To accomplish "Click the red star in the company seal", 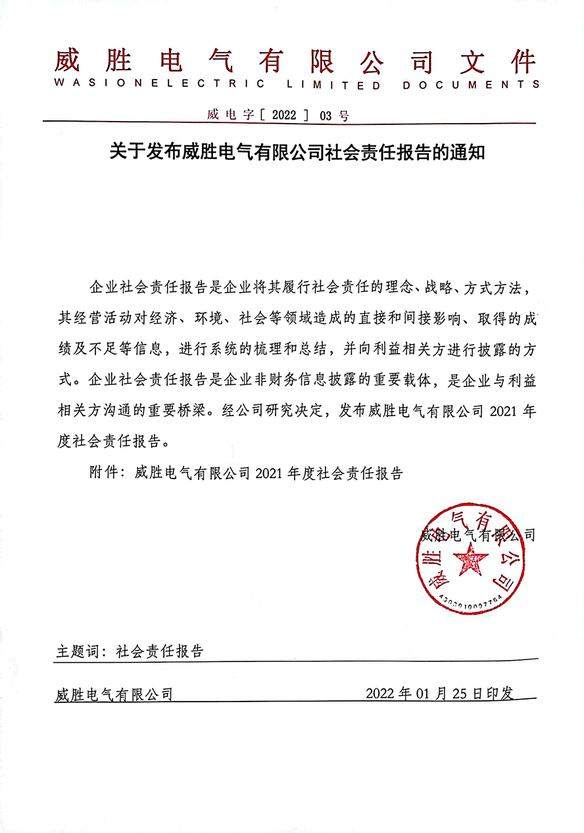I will [x=471, y=561].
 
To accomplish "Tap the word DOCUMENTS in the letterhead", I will [x=471, y=84].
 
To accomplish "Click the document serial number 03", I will [x=326, y=116].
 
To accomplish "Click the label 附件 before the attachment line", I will [x=103, y=473].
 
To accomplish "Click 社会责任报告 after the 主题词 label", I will [x=160, y=652].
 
